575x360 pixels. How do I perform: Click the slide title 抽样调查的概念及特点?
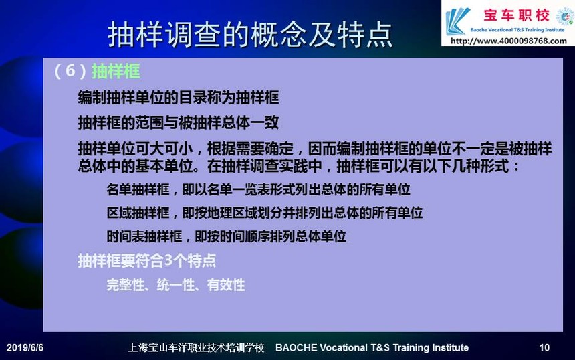[x=250, y=35]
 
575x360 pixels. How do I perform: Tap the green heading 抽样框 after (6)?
[x=116, y=71]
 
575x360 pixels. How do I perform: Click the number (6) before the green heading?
[x=70, y=70]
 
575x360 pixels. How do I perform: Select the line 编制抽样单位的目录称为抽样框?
[x=179, y=98]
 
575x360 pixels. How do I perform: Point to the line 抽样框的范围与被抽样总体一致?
[x=179, y=122]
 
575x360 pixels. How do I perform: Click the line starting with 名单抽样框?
[x=259, y=190]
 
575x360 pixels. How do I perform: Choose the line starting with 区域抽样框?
[x=265, y=213]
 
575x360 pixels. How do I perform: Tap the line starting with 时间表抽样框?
[x=226, y=236]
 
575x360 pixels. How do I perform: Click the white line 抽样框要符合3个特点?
[x=146, y=261]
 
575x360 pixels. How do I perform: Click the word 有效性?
[x=226, y=285]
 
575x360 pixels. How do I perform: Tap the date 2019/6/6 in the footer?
[x=25, y=347]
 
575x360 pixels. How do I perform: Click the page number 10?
[x=544, y=347]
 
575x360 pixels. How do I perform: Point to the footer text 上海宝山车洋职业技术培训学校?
[x=196, y=347]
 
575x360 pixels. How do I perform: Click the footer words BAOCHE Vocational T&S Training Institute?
[x=372, y=347]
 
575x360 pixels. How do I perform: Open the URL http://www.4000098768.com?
[x=509, y=41]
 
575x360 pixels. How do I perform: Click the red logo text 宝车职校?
[x=516, y=16]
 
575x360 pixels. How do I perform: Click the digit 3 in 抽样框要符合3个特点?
[x=168, y=261]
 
